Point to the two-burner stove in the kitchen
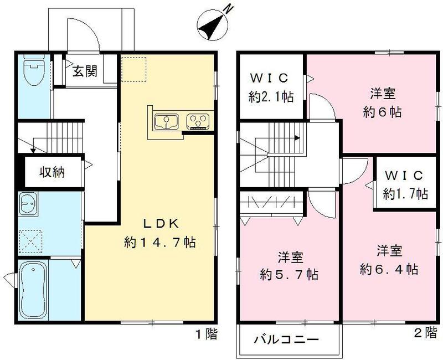(x=197, y=120)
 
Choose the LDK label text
(x=161, y=224)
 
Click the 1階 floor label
(x=205, y=334)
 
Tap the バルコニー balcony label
(x=286, y=339)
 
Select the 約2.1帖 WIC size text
(x=271, y=98)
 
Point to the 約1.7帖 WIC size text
(x=405, y=193)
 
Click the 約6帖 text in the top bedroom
(x=382, y=111)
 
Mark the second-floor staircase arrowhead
(x=298, y=138)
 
